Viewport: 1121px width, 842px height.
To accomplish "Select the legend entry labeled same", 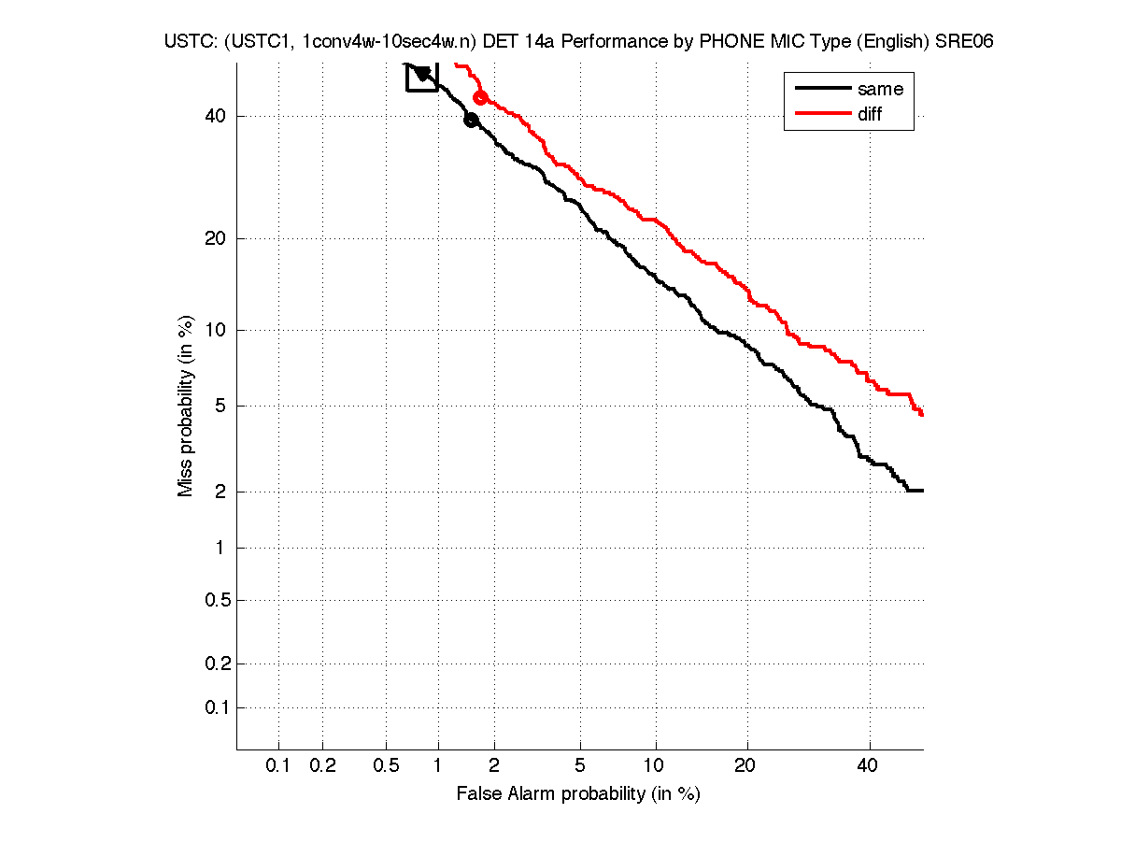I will (880, 89).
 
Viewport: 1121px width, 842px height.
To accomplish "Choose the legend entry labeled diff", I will (870, 114).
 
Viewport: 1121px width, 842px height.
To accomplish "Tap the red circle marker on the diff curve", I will (481, 98).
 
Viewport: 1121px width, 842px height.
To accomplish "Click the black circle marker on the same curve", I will (471, 120).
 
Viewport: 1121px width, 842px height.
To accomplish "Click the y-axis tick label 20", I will (216, 238).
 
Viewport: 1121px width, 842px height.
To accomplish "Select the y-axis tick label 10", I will (216, 330).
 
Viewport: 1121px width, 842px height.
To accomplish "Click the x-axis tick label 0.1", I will (278, 766).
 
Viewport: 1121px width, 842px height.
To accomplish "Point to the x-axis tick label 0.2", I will (322, 766).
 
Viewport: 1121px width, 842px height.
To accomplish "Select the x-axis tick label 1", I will (438, 766).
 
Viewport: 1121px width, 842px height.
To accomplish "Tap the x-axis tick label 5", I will (580, 766).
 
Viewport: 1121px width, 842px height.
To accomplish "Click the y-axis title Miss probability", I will (187, 407).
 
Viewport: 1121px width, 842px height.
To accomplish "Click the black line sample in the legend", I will (819, 89).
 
